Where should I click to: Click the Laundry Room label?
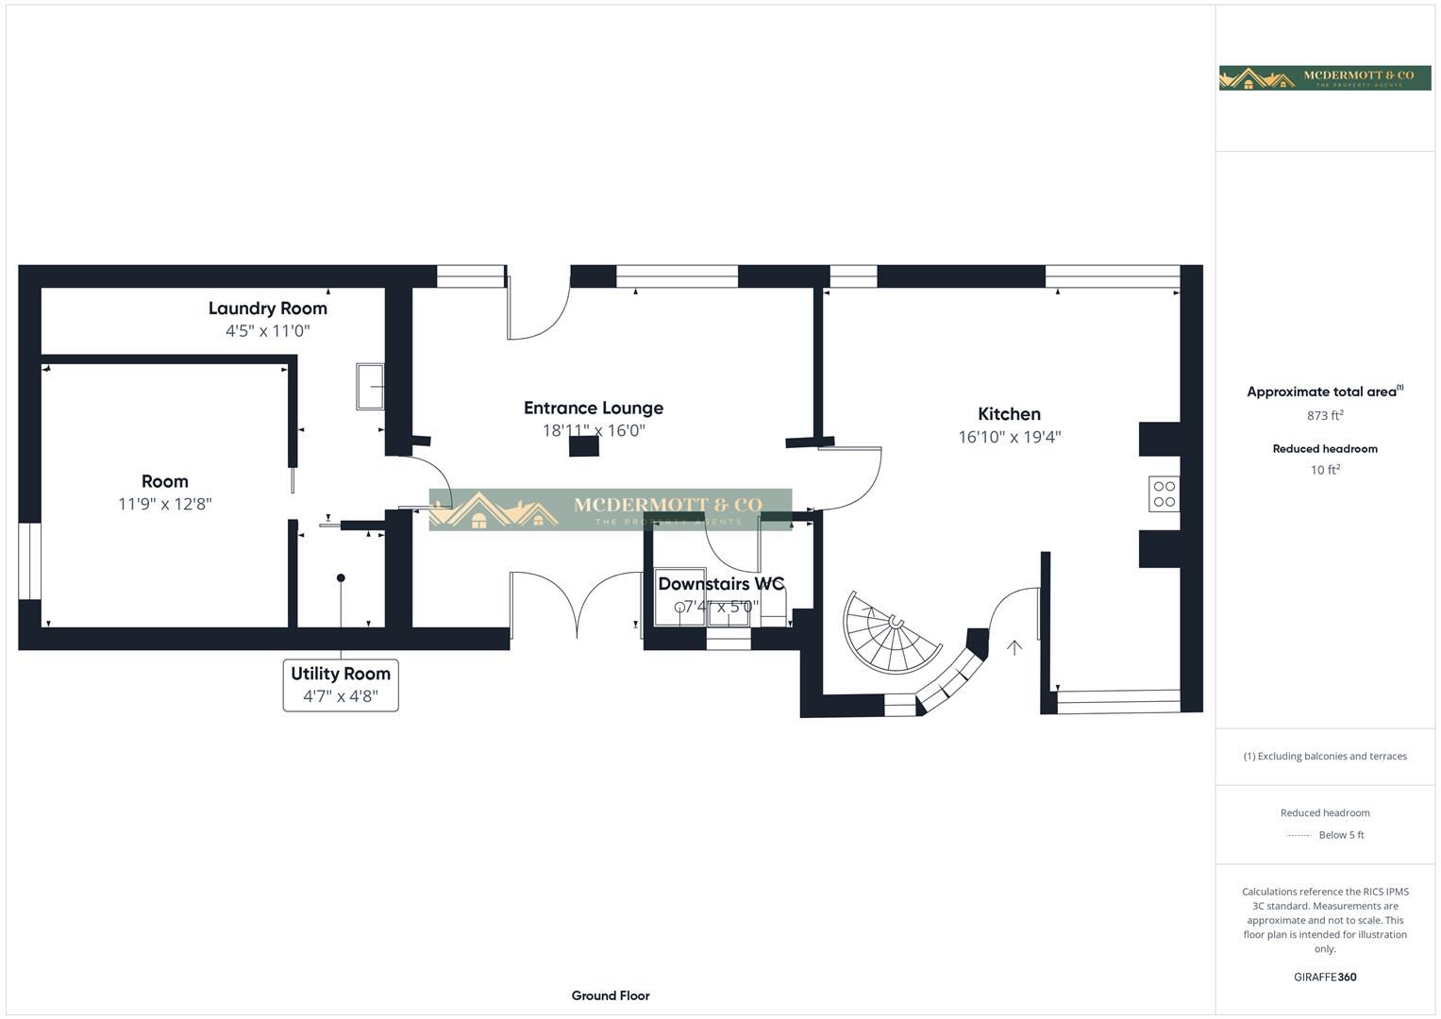click(x=267, y=309)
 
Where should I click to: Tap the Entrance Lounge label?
click(x=593, y=409)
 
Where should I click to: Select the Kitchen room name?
click(x=1009, y=414)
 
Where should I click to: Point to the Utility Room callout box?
click(x=341, y=685)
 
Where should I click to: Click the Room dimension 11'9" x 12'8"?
click(x=165, y=504)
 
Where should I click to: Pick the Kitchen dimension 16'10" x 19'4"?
click(x=1009, y=437)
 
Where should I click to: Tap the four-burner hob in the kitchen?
click(x=1164, y=494)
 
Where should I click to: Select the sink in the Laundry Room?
click(x=370, y=386)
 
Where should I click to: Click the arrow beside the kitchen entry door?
click(x=1014, y=647)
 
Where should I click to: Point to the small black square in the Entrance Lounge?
click(x=584, y=446)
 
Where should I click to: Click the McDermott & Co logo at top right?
click(x=1324, y=77)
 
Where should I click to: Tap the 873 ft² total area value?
click(x=1325, y=415)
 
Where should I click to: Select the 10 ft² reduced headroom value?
click(x=1325, y=470)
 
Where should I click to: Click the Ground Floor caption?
click(x=611, y=995)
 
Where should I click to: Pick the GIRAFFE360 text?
click(x=1325, y=977)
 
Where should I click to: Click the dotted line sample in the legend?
click(x=1299, y=836)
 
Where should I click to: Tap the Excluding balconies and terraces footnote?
click(x=1325, y=756)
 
